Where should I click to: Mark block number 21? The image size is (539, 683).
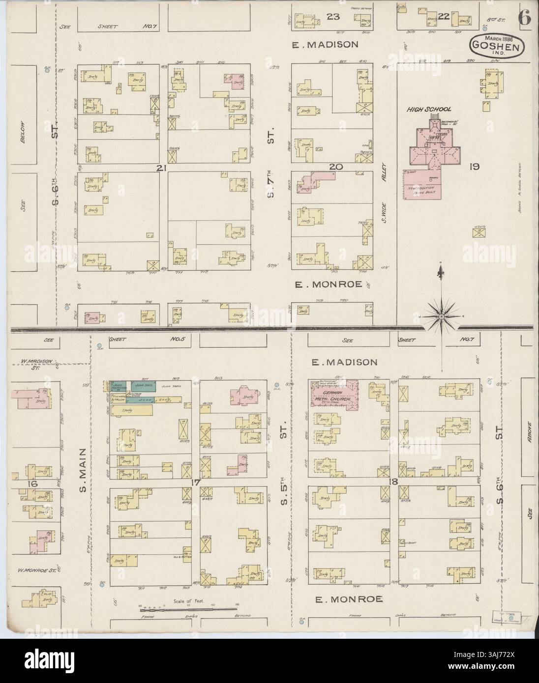pos(160,168)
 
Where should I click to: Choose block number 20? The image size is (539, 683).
pos(335,167)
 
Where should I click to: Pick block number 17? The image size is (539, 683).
pos(195,482)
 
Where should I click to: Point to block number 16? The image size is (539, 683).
pos(20,484)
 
